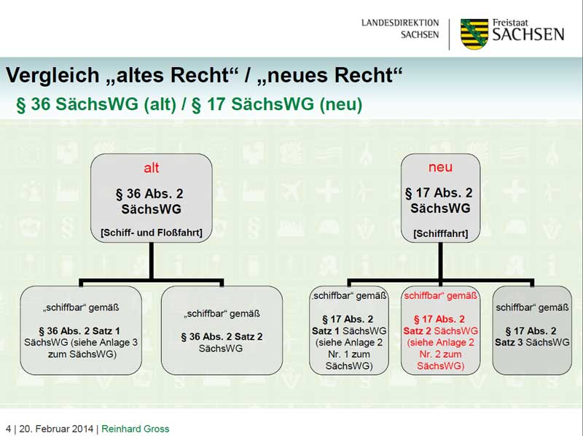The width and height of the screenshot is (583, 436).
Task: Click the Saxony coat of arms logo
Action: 474,34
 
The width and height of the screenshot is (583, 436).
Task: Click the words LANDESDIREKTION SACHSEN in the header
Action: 400,28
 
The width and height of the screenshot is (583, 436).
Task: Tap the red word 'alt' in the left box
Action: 151,168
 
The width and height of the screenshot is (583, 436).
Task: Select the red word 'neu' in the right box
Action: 440,167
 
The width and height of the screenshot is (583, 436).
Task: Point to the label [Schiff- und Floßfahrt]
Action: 151,233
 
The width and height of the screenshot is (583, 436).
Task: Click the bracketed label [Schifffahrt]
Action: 440,234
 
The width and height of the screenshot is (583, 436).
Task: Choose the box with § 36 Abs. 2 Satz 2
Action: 221,330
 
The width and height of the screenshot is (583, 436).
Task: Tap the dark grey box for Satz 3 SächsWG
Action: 531,330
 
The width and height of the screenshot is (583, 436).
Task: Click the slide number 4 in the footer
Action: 8,429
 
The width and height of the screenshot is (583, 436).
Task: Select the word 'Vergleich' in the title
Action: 52,75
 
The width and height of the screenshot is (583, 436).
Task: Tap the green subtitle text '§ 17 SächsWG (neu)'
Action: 277,104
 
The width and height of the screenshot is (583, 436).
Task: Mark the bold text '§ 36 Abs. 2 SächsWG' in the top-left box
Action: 151,202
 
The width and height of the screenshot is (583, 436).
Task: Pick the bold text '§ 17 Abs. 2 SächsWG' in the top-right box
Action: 439,201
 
